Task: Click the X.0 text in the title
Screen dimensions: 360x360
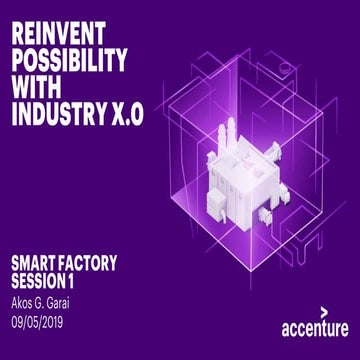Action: tap(125, 116)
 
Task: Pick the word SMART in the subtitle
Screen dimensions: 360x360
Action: tap(37, 263)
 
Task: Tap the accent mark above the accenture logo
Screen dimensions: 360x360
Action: tap(323, 312)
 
